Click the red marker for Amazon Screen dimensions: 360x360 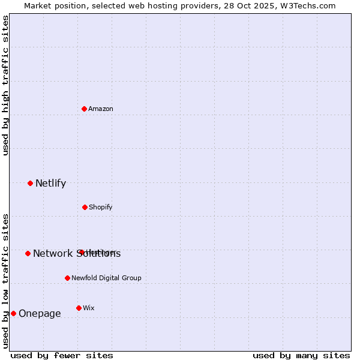point(85,109)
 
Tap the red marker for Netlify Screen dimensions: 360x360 point(31,183)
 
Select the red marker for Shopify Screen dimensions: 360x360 point(85,207)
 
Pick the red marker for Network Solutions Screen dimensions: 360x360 point(28,253)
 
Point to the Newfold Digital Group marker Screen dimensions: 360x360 point(67,278)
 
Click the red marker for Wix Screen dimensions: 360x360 point(79,308)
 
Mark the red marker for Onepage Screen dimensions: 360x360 point(13,313)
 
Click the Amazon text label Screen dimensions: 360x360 point(101,109)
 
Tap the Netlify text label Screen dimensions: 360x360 point(50,184)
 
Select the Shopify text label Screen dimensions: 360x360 point(101,207)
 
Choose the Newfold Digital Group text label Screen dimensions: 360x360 point(106,278)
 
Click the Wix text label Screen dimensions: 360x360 point(89,308)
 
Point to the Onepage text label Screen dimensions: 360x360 point(40,314)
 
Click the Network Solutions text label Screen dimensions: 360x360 point(77,254)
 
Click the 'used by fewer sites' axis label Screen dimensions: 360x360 point(62,355)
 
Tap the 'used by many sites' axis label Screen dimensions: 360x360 point(301,355)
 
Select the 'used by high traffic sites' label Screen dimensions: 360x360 point(6,85)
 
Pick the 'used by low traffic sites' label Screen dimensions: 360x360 point(6,281)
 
